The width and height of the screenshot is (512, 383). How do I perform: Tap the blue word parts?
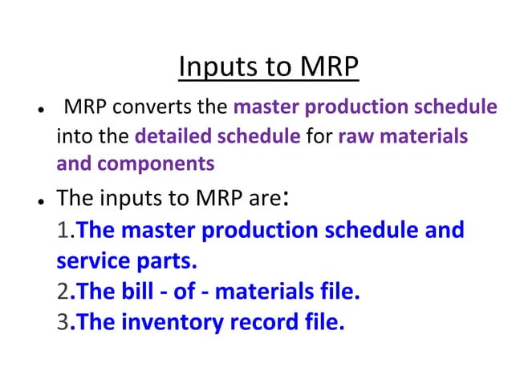point(161,261)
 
